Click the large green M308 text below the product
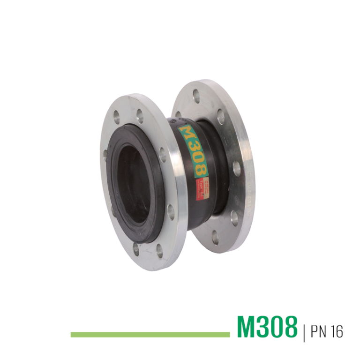pyautogui.click(x=267, y=327)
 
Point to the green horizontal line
pyautogui.click(x=150, y=335)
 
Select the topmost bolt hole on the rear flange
pyautogui.click(x=196, y=98)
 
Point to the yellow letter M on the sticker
pyautogui.click(x=186, y=132)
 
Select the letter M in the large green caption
pyautogui.click(x=247, y=327)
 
